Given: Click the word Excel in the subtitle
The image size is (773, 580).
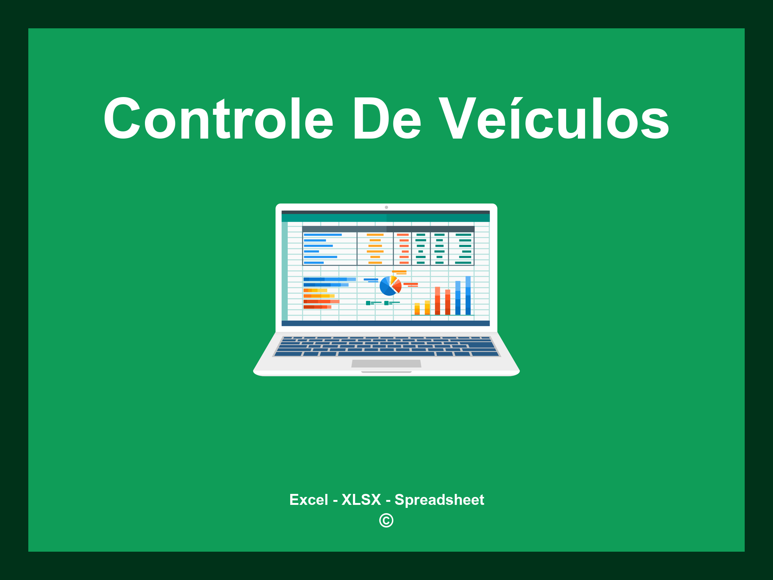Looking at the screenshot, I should point(308,500).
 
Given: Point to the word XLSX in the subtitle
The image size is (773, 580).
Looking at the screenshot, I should point(361,500).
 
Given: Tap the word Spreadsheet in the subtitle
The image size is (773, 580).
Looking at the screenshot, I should point(439,500).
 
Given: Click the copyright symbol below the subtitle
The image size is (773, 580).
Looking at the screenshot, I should point(386,520).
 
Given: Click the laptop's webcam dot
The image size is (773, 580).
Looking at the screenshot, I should point(386,207).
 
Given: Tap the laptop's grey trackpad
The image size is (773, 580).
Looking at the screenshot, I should point(386,363).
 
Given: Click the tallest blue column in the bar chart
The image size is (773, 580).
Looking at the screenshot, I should point(468,295).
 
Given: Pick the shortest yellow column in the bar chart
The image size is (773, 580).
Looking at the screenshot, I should point(417,309).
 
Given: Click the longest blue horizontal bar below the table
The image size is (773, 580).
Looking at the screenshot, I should point(329,279).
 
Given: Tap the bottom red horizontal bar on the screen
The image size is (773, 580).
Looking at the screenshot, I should point(317,307).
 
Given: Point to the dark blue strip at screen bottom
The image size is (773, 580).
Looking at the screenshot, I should point(385,323).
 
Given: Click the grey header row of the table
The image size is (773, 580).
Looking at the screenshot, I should point(388,229).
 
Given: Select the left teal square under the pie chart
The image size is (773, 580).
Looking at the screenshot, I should point(368,303).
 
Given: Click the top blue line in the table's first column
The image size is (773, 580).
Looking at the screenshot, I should point(323,235).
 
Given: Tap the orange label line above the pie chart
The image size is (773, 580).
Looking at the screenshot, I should point(399,271).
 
